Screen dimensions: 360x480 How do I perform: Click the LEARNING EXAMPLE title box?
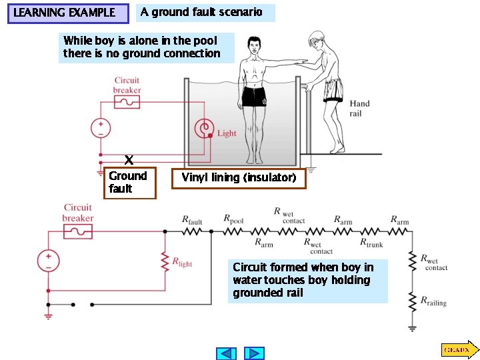(x=67, y=13)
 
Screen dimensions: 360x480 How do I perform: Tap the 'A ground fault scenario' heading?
(x=201, y=12)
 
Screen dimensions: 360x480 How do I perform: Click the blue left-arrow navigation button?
(x=227, y=353)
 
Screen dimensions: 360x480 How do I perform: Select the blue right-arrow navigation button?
(x=254, y=353)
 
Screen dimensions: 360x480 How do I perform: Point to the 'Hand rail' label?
(x=359, y=108)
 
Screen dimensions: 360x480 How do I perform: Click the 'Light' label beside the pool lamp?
(x=227, y=133)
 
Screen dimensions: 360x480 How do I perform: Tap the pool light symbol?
(x=203, y=128)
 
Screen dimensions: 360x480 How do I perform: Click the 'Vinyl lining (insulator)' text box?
(x=239, y=178)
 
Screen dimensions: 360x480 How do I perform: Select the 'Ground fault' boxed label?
(x=129, y=182)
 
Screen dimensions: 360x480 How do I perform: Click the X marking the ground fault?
(x=129, y=160)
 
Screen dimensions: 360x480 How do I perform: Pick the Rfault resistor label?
(x=193, y=219)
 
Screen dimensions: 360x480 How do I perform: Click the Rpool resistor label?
(x=233, y=219)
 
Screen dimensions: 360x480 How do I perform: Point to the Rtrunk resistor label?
(x=371, y=245)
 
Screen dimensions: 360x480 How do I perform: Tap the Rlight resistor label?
(x=182, y=263)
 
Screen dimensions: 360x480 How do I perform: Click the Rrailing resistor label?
(x=433, y=301)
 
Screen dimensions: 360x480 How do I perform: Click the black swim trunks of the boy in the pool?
(x=254, y=97)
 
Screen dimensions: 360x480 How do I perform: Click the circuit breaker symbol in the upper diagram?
(x=127, y=102)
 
